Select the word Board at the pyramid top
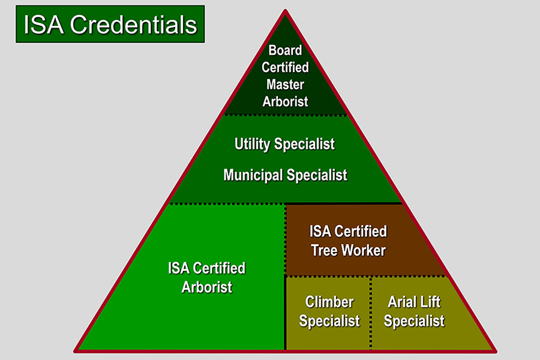(x=285, y=50)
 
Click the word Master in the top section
(x=285, y=85)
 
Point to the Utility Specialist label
(x=284, y=144)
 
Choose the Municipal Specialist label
(x=285, y=175)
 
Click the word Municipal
(x=253, y=175)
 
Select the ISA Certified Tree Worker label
(x=348, y=240)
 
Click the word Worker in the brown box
(x=364, y=250)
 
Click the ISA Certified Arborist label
(x=206, y=277)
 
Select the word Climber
(x=329, y=301)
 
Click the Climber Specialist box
(x=329, y=313)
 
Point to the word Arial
(x=403, y=301)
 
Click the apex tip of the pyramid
(x=286, y=11)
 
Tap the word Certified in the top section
(x=285, y=67)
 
